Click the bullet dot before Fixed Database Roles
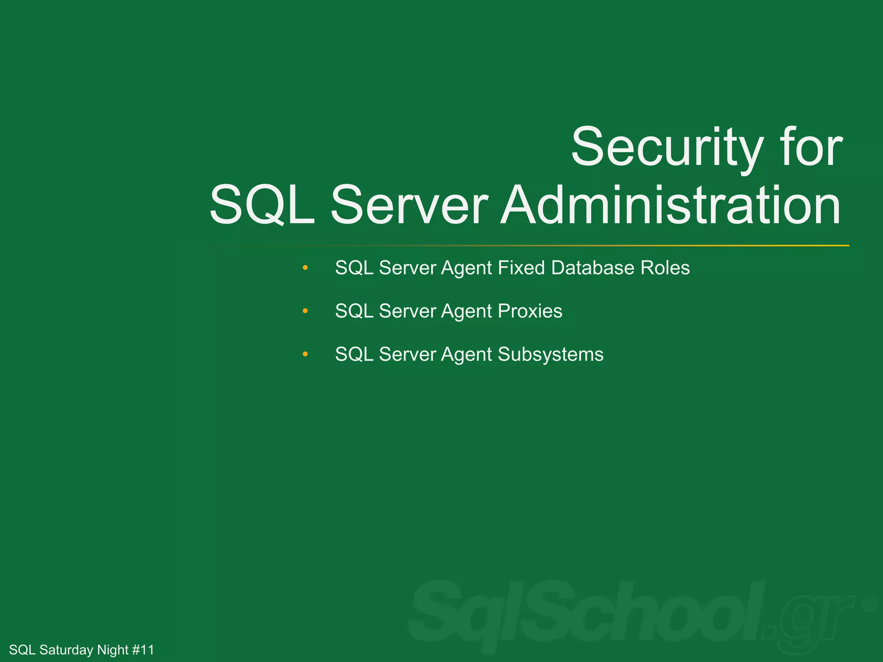pyautogui.click(x=305, y=268)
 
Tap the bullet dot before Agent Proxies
pyautogui.click(x=305, y=311)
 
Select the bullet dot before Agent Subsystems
pyautogui.click(x=305, y=354)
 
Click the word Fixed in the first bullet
pyautogui.click(x=521, y=268)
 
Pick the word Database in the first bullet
pyautogui.click(x=593, y=268)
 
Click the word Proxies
pyautogui.click(x=530, y=311)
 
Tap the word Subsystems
pyautogui.click(x=551, y=355)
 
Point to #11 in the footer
pyautogui.click(x=143, y=650)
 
